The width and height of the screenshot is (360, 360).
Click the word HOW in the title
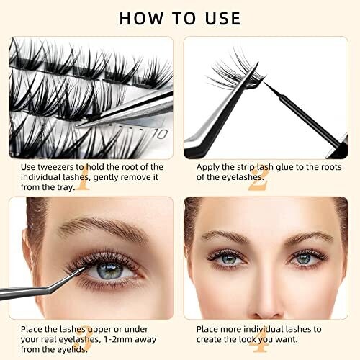[141, 19]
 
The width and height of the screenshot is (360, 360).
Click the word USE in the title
[222, 19]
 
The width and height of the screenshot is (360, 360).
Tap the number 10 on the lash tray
[160, 134]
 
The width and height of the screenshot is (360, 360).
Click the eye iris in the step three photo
[109, 271]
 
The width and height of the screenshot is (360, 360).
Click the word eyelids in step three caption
[73, 349]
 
